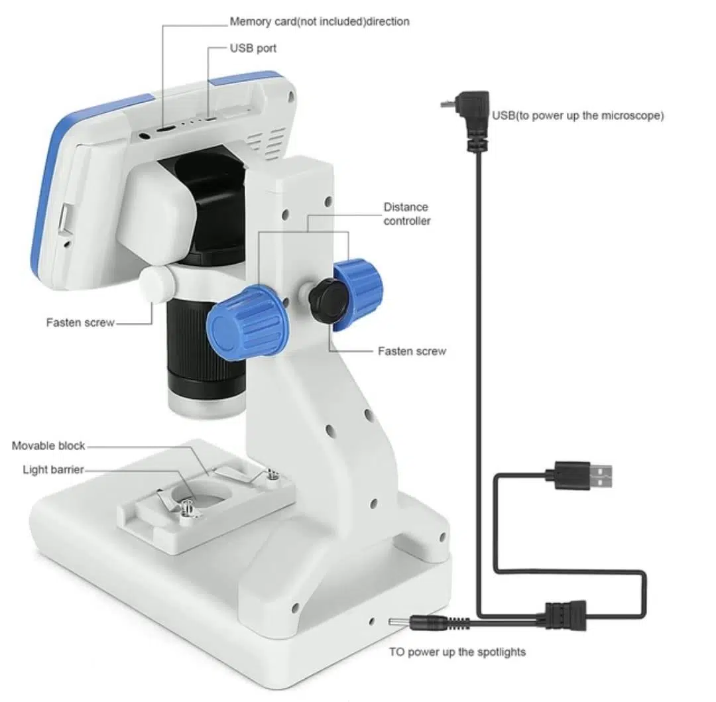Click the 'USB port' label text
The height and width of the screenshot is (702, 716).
[x=253, y=48]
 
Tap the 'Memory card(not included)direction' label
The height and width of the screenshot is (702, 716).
[x=320, y=21]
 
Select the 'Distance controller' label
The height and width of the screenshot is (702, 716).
[x=407, y=214]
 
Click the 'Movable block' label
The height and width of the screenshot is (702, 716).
[x=48, y=445]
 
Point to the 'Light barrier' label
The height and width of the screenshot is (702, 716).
[x=54, y=470]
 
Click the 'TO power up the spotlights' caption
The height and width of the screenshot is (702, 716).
[x=457, y=652]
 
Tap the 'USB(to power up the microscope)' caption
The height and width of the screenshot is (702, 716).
[x=577, y=115]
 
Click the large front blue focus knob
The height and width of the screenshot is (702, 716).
[x=247, y=322]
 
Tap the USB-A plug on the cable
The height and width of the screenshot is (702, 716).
[x=584, y=476]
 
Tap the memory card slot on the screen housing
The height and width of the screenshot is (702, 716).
[x=165, y=129]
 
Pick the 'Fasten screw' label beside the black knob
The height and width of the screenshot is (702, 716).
[x=412, y=351]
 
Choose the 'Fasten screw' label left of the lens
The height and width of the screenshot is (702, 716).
[x=80, y=323]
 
